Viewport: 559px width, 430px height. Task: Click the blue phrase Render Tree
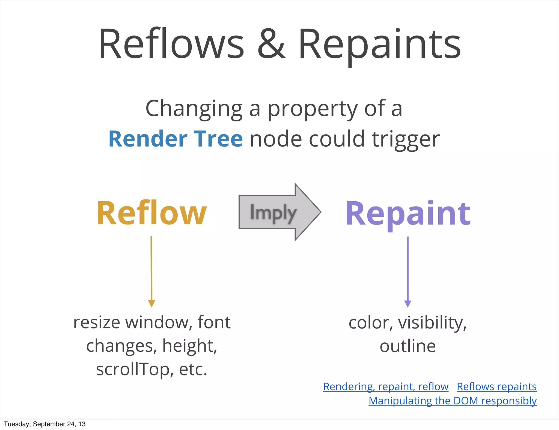(x=176, y=139)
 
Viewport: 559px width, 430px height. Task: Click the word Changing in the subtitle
(x=194, y=109)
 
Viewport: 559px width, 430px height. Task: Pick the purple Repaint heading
(x=408, y=214)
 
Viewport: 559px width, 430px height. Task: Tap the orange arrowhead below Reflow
(x=151, y=303)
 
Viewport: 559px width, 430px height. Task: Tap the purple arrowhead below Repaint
(x=408, y=304)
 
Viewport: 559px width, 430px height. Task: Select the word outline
(x=408, y=346)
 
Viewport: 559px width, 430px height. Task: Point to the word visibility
(x=432, y=323)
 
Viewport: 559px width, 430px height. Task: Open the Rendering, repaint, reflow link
(x=386, y=387)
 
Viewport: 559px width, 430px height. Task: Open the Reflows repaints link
(x=496, y=387)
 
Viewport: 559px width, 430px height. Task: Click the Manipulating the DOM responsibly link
(x=452, y=401)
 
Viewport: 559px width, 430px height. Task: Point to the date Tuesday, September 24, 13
(x=45, y=424)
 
